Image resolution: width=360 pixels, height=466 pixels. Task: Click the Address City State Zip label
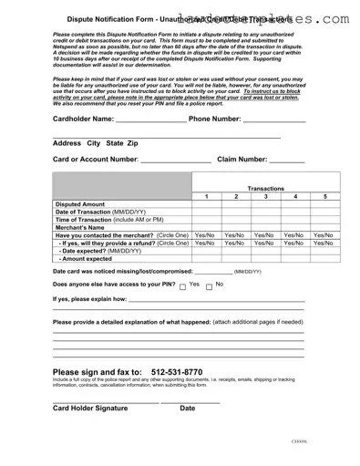(x=96, y=143)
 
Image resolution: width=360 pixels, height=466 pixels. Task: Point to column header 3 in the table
(x=265, y=197)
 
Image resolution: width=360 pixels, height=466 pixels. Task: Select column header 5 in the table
(x=325, y=197)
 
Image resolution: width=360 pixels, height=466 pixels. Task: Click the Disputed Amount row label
(x=80, y=205)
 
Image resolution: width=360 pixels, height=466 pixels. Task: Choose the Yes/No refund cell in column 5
(x=325, y=243)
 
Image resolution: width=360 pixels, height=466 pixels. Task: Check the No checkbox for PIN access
(x=206, y=285)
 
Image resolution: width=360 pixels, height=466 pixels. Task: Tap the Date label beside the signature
(x=188, y=408)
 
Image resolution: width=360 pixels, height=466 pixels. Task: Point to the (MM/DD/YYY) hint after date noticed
(x=248, y=272)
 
